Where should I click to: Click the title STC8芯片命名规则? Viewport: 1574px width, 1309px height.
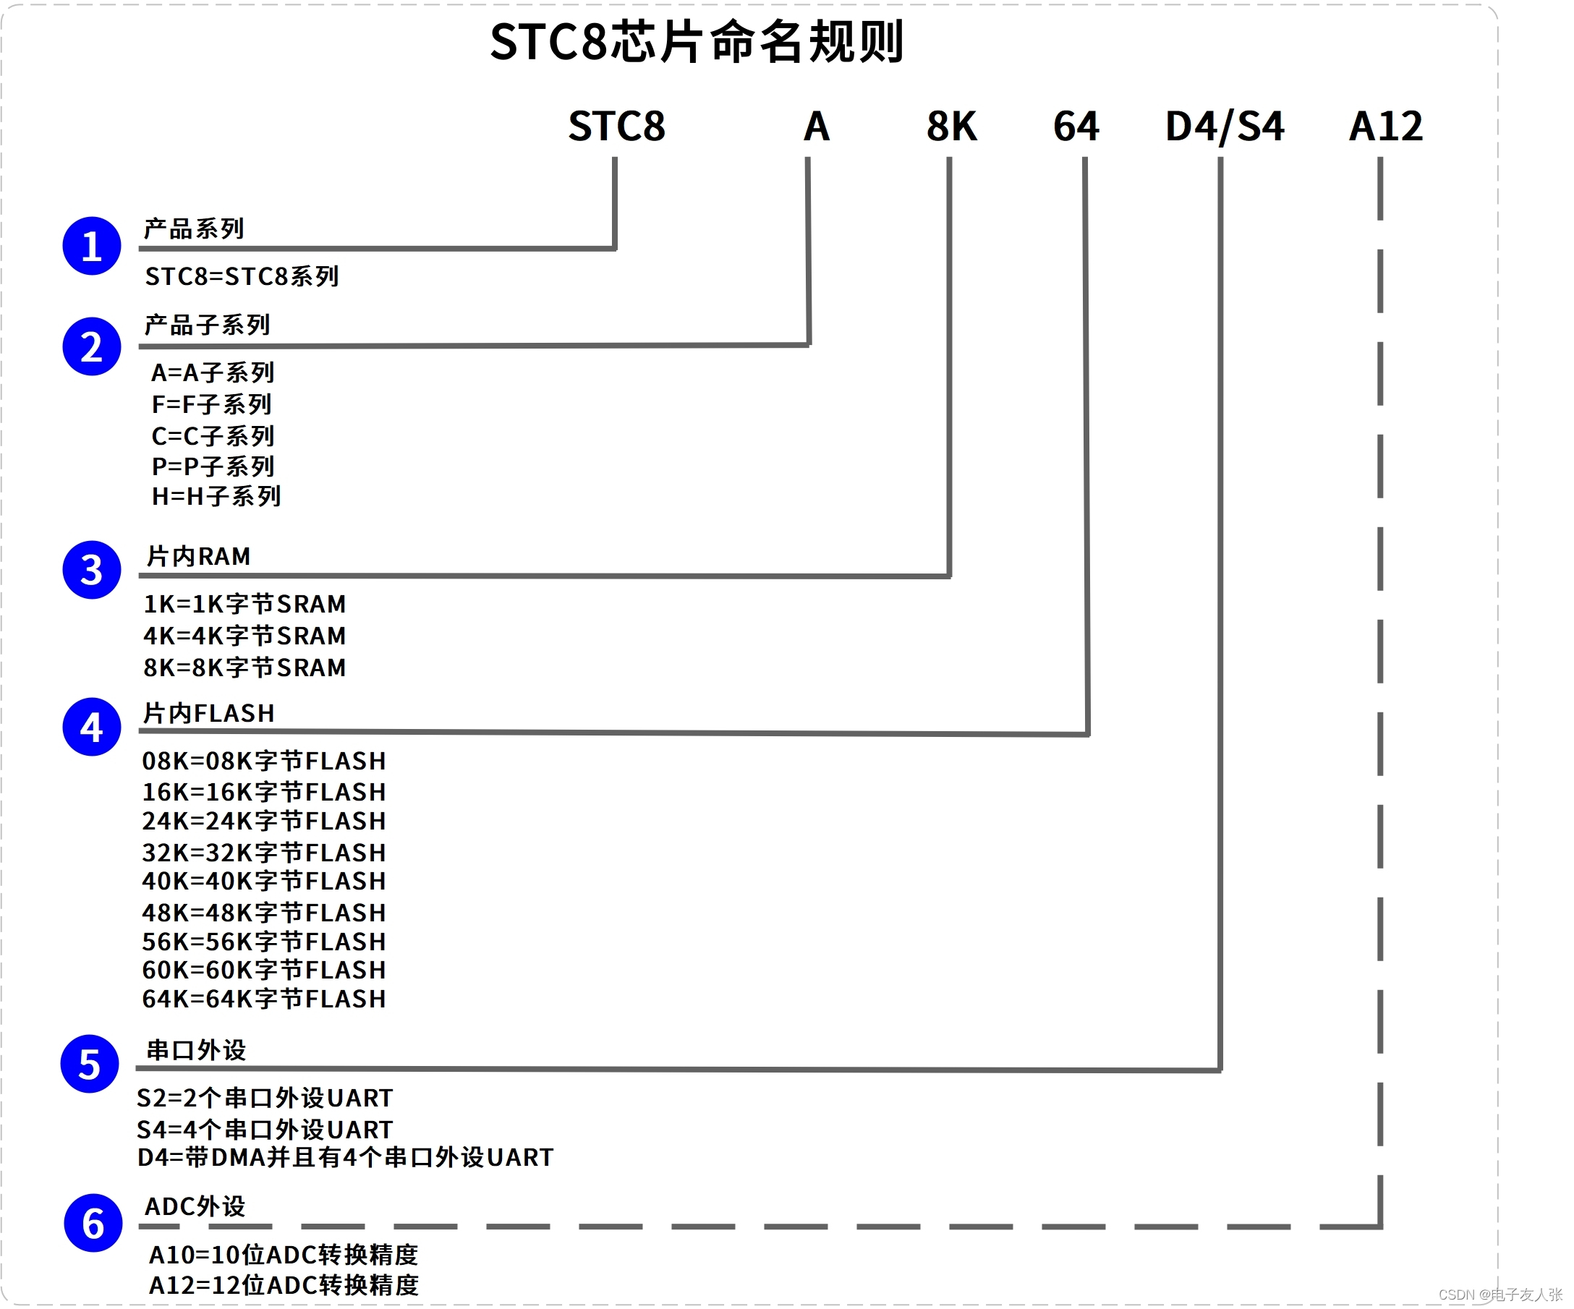tap(697, 42)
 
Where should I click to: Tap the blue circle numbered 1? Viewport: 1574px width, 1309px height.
tap(91, 246)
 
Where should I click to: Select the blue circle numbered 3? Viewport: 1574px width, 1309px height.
tap(91, 570)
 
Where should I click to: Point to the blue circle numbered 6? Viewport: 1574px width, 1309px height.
tap(93, 1223)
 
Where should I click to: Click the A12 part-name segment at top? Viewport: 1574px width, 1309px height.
tap(1385, 126)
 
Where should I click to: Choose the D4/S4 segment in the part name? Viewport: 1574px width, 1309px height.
tap(1224, 126)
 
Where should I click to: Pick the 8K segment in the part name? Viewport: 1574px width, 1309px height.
tap(951, 126)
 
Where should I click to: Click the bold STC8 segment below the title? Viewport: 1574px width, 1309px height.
tap(616, 126)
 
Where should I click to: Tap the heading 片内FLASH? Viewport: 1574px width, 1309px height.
tap(208, 713)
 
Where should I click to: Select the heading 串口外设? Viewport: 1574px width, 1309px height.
tap(195, 1051)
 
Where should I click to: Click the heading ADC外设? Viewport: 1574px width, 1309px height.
tap(195, 1207)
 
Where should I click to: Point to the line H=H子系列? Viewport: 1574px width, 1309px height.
tap(216, 496)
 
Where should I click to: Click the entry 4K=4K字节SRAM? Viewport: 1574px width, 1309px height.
tap(244, 636)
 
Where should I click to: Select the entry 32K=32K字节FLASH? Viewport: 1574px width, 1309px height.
tap(264, 853)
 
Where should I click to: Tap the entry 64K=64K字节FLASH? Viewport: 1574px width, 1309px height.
tap(264, 999)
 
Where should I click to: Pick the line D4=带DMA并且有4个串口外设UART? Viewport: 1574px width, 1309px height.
tap(345, 1158)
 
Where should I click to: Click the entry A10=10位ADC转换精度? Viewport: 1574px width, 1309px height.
tap(284, 1254)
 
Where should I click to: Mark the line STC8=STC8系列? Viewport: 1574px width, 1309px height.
tap(242, 276)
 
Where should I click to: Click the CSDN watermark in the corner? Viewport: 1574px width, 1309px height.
tap(1499, 1295)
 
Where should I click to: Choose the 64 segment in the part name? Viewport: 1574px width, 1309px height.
tap(1076, 126)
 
